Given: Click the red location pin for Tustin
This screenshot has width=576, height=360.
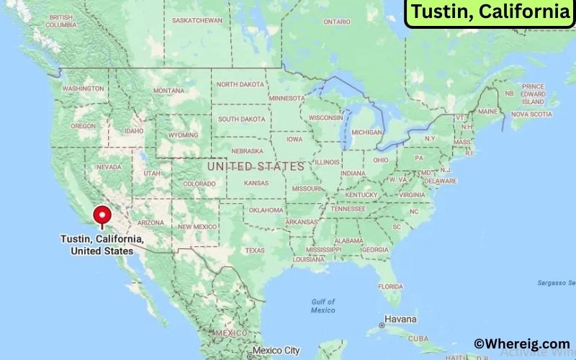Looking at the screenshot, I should [x=102, y=215].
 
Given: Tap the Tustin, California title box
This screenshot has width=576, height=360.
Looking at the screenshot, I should [x=489, y=12].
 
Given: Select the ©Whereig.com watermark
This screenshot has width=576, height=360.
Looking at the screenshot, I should [x=521, y=344].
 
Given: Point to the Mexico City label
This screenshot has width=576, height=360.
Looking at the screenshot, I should [x=276, y=351].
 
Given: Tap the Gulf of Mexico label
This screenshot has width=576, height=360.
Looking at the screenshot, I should [x=323, y=305].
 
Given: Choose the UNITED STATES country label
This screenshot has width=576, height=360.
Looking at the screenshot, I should [x=256, y=166].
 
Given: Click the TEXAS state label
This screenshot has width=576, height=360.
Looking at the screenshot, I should [x=255, y=251].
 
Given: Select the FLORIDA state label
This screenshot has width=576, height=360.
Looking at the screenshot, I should [x=390, y=286].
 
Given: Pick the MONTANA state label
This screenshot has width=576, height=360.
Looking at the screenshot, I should [x=168, y=91].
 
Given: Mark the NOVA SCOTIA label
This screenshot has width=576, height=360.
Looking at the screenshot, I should [x=531, y=114].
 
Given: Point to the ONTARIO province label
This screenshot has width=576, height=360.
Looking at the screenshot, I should [x=336, y=22].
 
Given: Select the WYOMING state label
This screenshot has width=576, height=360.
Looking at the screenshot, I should [x=184, y=135].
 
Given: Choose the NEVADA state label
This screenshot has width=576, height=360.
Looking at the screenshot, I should [x=109, y=167].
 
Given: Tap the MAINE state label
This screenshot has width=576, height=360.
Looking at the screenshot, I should [x=488, y=112].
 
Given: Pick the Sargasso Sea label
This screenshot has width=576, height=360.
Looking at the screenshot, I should [x=557, y=282].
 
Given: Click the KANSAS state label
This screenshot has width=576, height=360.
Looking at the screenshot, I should [x=256, y=184].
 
